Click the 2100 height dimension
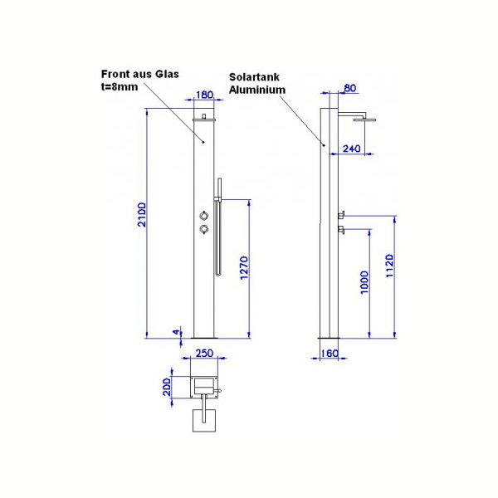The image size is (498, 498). click(142, 215)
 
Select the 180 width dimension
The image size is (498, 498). click(204, 95)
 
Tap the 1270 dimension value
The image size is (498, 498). click(244, 268)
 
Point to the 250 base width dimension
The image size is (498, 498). click(204, 354)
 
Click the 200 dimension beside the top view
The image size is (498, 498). click(167, 386)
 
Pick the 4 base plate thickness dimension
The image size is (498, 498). click(176, 332)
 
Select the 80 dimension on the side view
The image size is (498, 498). click(349, 88)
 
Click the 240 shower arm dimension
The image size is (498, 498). click(352, 149)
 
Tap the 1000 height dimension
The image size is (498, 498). click(364, 282)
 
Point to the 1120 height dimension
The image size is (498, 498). click(390, 266)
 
